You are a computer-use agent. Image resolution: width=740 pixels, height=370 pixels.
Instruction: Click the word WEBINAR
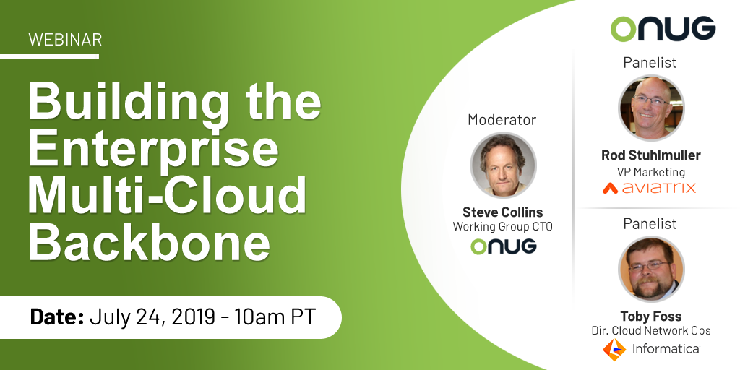[65, 40]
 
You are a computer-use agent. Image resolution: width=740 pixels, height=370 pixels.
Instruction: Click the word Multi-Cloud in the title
[168, 194]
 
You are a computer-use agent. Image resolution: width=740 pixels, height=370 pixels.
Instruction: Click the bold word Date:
[57, 317]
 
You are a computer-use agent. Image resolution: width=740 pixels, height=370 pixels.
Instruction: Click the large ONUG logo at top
[663, 28]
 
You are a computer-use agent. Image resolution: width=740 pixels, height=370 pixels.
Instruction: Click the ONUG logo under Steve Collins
[504, 246]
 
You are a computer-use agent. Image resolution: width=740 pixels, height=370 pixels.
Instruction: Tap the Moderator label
[502, 120]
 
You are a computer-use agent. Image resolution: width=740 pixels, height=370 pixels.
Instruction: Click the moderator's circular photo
[503, 165]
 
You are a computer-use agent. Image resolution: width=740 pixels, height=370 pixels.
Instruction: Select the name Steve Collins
[503, 212]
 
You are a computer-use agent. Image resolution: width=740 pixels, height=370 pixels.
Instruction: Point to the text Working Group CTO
[503, 227]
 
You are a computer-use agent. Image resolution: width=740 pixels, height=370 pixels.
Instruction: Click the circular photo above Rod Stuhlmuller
[651, 108]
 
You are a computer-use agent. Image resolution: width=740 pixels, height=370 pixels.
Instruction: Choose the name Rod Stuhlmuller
[651, 155]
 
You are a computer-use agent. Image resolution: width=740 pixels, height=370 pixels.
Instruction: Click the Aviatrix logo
[650, 188]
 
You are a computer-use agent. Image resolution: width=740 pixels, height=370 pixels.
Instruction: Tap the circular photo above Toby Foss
[651, 270]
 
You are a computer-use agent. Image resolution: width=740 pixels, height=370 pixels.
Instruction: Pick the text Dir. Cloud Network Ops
[651, 331]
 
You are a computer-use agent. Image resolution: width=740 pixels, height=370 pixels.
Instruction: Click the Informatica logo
[651, 349]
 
